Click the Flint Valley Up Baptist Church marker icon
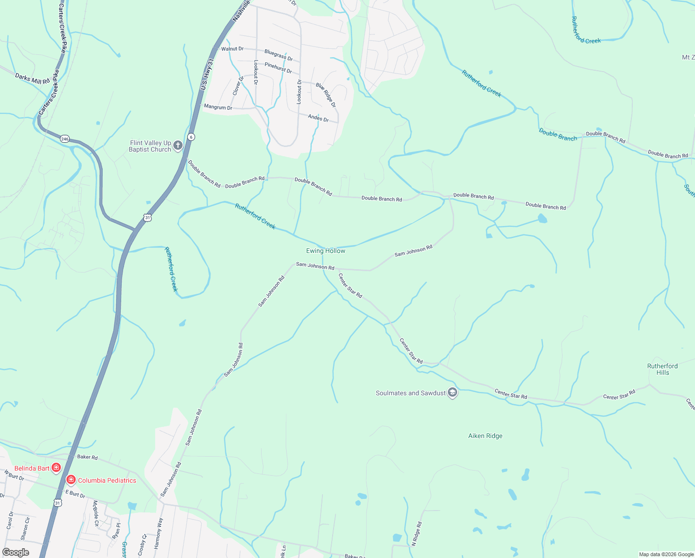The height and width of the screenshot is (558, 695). coord(177,146)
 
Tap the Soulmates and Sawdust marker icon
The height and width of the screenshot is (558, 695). coord(452,393)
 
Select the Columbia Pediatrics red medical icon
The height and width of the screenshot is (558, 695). coord(71,480)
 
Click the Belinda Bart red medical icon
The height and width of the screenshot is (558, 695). coord(56,468)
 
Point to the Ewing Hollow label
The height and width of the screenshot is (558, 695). coord(326,251)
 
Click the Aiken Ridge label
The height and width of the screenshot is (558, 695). coord(485,436)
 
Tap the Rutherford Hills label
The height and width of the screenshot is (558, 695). coord(662,369)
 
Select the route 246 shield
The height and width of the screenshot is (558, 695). coord(65,139)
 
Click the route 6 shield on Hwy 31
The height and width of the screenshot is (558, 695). coord(191,137)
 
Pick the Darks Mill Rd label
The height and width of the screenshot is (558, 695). coord(32,78)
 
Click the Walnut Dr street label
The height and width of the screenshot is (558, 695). coord(232,49)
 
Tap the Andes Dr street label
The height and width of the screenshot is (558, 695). coord(318,118)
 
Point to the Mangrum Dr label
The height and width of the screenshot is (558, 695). coord(218,107)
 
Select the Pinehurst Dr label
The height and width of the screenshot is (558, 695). coord(278,68)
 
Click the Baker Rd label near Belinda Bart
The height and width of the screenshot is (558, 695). coord(87,457)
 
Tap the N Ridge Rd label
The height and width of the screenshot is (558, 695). coord(417,533)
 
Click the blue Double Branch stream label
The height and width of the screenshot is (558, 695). coord(557,135)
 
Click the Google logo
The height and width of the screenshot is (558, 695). coord(16,552)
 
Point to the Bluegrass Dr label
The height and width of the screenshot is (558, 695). coord(278,55)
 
